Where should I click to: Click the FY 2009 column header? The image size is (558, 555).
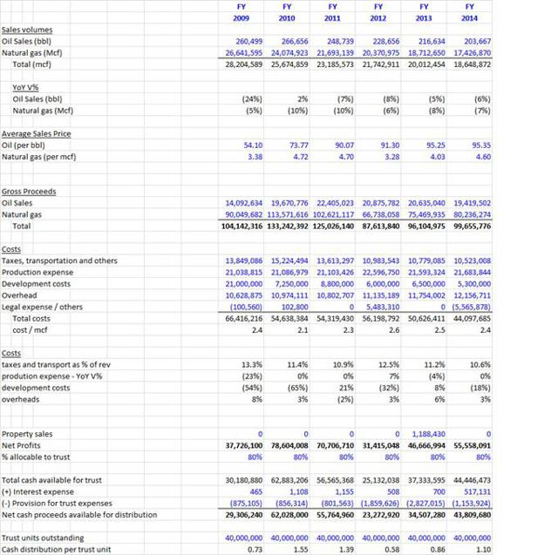(242, 12)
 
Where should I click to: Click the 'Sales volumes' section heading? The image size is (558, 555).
(27, 30)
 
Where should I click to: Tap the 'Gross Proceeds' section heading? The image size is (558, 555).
(29, 191)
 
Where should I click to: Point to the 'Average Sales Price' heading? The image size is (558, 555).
(37, 133)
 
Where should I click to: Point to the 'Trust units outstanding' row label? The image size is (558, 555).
(43, 538)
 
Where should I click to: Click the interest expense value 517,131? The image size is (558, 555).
(477, 491)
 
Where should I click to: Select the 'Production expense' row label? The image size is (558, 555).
(36, 272)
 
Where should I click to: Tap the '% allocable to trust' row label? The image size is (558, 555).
(36, 456)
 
